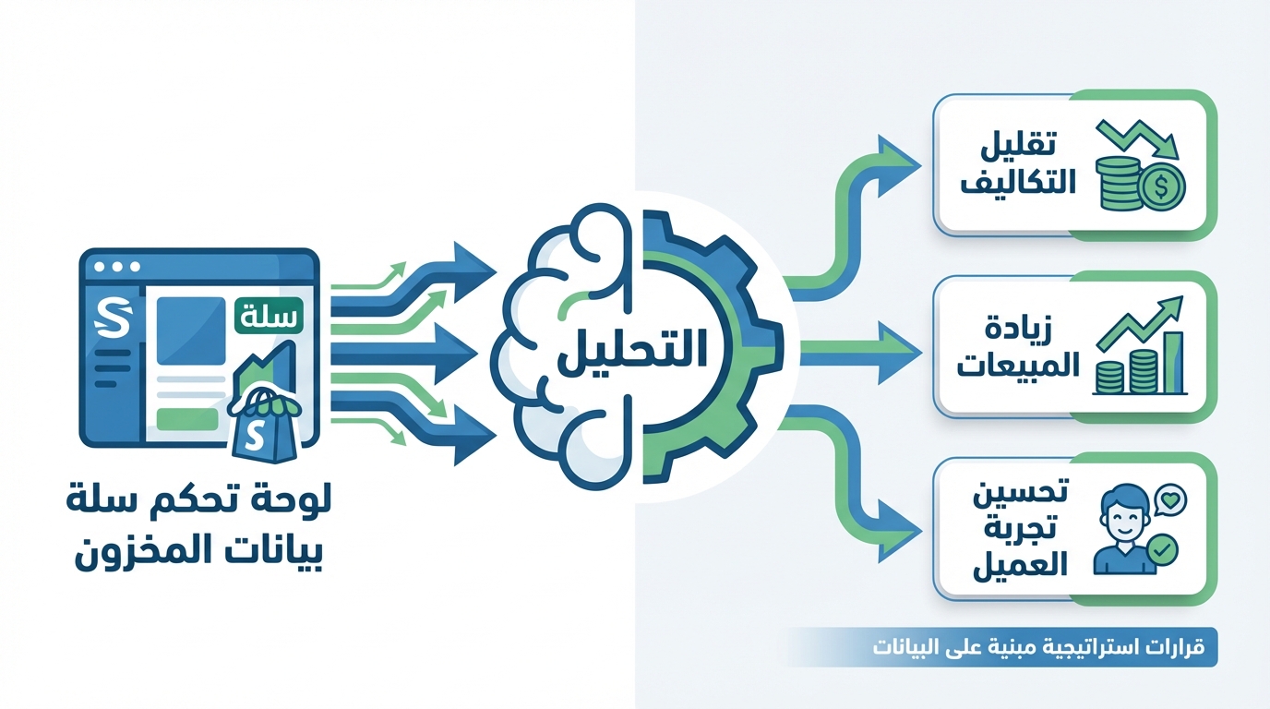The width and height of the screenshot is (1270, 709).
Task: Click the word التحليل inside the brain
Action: tap(633, 352)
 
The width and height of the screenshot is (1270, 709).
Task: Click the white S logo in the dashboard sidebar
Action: tap(115, 318)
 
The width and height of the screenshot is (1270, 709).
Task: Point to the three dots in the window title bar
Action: tap(117, 267)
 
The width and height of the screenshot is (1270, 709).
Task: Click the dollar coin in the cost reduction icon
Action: tap(1162, 186)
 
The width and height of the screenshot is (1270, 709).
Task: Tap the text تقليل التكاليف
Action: tap(1018, 162)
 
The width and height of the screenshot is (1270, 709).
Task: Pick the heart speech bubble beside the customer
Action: tap(1170, 499)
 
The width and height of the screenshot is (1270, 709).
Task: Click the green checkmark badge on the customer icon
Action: tap(1162, 548)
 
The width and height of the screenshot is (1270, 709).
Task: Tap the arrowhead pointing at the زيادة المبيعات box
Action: tap(899, 353)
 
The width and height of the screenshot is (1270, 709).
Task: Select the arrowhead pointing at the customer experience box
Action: tap(899, 532)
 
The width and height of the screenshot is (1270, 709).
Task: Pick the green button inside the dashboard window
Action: tap(187, 419)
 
